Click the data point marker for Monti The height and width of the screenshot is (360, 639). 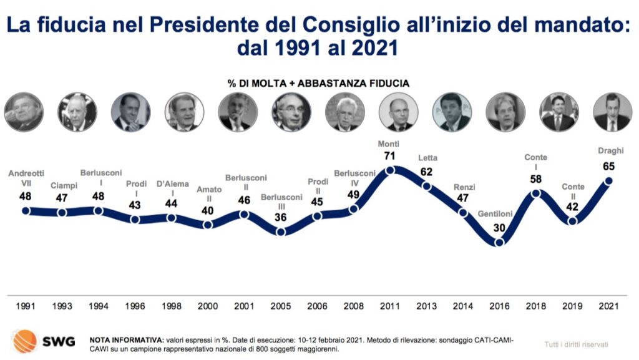point(391,170)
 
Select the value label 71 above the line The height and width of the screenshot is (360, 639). point(391,155)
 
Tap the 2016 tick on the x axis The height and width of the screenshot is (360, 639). point(500,306)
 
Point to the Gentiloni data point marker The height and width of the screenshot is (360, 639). point(499,242)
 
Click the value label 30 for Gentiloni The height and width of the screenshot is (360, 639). point(499,228)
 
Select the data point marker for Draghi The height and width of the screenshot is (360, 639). point(608,181)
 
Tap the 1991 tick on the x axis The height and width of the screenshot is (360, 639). point(26,306)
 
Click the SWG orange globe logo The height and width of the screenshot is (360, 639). point(25,341)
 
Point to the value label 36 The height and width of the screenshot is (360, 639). point(281,216)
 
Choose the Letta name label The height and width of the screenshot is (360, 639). point(428,157)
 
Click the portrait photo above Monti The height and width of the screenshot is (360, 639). point(398,112)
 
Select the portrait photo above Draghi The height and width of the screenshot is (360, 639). point(612,112)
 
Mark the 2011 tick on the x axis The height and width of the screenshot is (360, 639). point(391,306)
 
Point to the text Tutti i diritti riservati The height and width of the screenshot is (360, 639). point(576,344)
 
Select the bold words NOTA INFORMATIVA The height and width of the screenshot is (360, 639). point(127,340)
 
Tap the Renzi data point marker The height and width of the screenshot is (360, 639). point(463,212)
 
